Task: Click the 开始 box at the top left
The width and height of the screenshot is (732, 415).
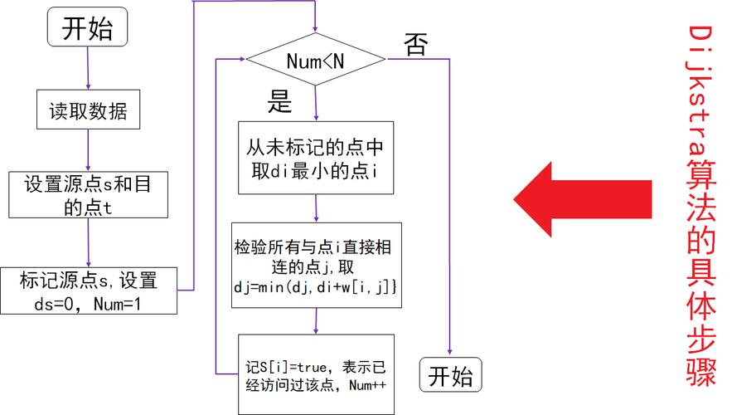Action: click(x=88, y=29)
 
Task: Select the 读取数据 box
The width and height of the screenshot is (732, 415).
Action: click(x=88, y=110)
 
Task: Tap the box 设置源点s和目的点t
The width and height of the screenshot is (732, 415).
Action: click(x=88, y=194)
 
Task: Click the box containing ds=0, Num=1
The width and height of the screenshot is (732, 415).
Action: click(x=88, y=291)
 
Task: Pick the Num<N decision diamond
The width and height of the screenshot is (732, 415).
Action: click(x=316, y=61)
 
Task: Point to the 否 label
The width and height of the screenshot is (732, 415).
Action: click(x=416, y=45)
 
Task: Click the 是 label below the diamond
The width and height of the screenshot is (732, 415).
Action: click(x=279, y=103)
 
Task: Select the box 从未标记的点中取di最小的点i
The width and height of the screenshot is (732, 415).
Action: click(x=316, y=158)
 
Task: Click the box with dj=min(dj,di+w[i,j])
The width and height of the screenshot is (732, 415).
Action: click(x=316, y=266)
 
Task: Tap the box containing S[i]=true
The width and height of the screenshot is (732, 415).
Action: click(x=316, y=374)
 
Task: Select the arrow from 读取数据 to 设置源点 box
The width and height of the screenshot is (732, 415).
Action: click(x=88, y=151)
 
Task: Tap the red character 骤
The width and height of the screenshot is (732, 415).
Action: click(x=702, y=373)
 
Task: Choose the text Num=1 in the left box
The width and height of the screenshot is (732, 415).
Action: click(x=115, y=305)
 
